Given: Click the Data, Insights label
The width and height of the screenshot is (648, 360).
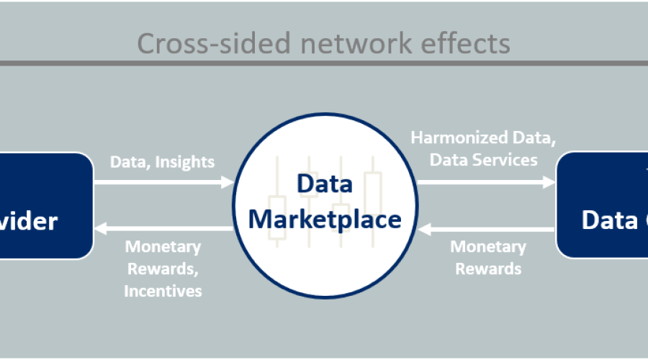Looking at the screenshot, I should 162,162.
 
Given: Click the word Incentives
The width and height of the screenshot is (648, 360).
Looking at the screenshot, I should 163,291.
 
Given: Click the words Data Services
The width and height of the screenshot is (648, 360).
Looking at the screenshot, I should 483,159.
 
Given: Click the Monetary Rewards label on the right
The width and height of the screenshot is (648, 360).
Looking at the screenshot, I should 488,258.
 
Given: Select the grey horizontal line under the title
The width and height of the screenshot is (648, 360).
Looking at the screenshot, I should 324,63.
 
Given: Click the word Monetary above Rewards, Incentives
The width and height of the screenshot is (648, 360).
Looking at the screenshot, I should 163,247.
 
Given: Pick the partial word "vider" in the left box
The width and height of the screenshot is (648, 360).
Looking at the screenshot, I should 29,220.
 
